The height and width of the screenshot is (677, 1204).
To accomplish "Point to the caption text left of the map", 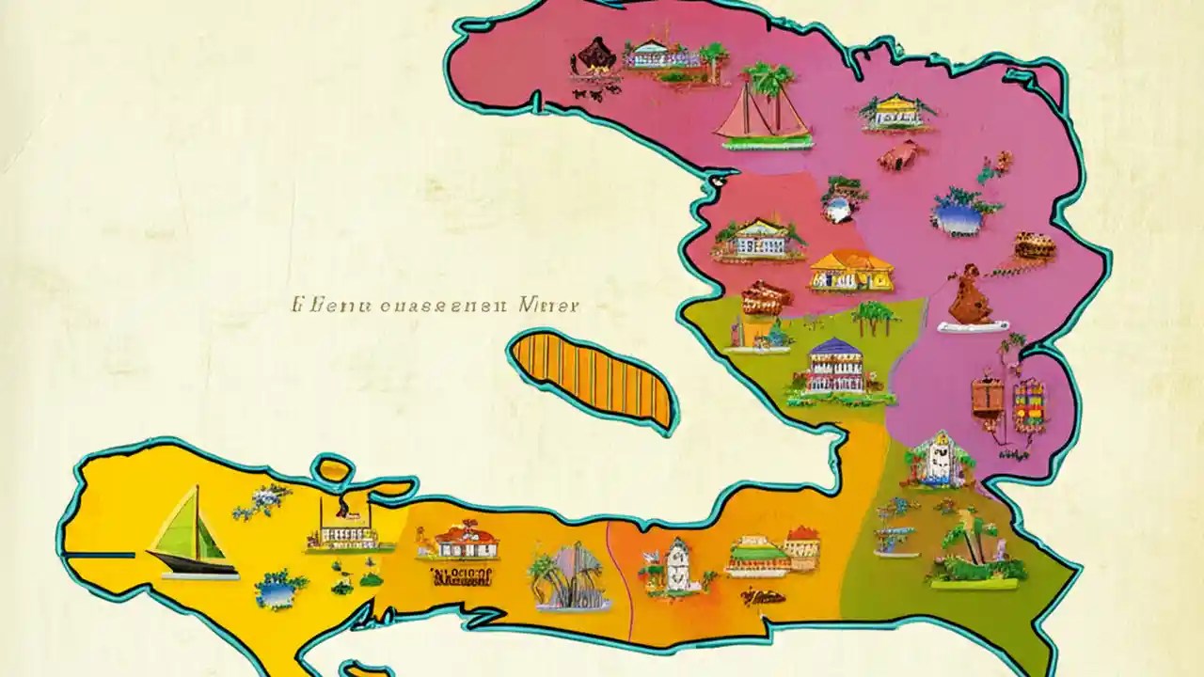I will click(436, 306).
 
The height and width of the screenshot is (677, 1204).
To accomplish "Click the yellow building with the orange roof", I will click(850, 271).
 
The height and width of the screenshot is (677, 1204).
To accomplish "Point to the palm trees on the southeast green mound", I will click(974, 555).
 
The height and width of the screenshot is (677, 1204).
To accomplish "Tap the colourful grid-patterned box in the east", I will click(1030, 404).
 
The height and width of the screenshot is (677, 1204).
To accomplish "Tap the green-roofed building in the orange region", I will click(757, 556).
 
